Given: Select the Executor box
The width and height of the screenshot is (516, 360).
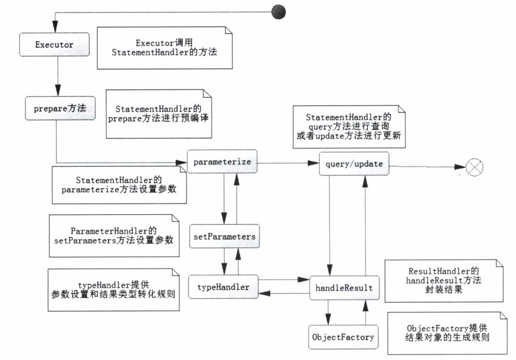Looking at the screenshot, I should pyautogui.click(x=54, y=45).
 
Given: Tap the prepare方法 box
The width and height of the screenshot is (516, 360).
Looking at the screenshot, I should pyautogui.click(x=60, y=109).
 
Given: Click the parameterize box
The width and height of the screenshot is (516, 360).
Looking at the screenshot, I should pyautogui.click(x=222, y=162).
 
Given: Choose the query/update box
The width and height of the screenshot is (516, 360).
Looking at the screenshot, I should pyautogui.click(x=354, y=164).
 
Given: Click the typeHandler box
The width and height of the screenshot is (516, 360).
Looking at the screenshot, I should pyautogui.click(x=223, y=287).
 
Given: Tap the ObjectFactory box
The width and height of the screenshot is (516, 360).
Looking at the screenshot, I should pyautogui.click(x=343, y=337).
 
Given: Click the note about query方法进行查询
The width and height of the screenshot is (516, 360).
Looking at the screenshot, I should pyautogui.click(x=349, y=127).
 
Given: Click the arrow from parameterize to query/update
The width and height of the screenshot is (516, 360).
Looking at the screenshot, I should pyautogui.click(x=288, y=163).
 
